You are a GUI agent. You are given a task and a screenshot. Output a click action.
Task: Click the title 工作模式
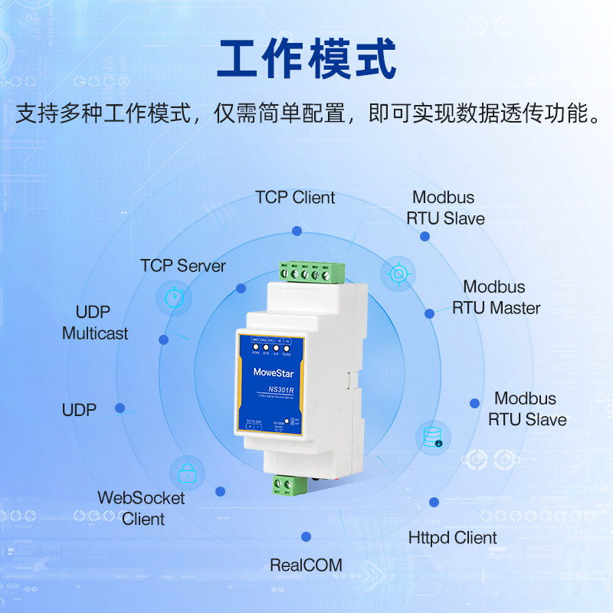tap(306, 59)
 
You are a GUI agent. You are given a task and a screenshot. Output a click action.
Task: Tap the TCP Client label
tap(295, 198)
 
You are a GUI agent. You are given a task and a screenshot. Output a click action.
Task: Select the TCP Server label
tap(183, 266)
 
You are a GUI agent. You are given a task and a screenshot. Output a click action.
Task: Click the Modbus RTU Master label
tap(496, 297)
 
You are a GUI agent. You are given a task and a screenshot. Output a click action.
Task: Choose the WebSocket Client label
tap(142, 508)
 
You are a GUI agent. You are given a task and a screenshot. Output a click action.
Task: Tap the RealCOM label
tap(306, 565)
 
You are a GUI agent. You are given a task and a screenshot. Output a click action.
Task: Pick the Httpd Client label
tap(453, 538)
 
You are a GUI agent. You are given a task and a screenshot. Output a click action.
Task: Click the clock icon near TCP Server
tap(174, 297)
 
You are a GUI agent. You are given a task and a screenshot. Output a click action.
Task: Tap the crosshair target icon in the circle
tap(398, 274)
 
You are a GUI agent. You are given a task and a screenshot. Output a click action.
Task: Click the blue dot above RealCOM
tap(306, 536)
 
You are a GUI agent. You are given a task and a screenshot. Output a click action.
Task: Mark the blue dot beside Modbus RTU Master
tap(430, 313)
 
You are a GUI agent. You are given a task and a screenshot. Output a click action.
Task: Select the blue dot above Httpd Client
tap(434, 502)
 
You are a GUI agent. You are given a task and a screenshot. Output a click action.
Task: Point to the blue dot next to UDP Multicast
tap(163, 339)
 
